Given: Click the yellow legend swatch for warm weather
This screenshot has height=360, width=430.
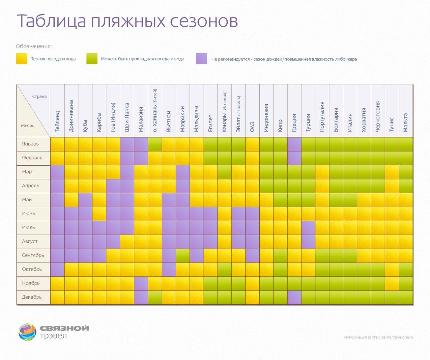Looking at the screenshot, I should [22, 59].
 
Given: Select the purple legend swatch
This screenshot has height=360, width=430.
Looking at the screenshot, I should [202, 59].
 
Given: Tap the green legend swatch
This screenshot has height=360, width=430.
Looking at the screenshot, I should [92, 59].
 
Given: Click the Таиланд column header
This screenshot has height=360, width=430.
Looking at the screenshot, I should [57, 121].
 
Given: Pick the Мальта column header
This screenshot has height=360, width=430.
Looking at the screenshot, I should [406, 123].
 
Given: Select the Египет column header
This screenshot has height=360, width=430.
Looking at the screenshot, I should [211, 123].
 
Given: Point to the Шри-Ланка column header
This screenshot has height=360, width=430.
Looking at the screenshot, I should [127, 117].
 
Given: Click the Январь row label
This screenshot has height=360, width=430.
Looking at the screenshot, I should [30, 144].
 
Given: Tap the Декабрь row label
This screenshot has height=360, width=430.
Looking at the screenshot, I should [32, 297].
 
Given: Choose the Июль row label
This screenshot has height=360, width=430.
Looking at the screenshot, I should [28, 228].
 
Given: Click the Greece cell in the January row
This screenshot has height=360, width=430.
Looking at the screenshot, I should [294, 144].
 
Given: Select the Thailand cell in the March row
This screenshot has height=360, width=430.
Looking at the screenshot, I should [57, 172].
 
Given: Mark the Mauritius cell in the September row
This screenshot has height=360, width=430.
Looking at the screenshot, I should [183, 256].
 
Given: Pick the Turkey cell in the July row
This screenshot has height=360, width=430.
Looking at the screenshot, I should [308, 228].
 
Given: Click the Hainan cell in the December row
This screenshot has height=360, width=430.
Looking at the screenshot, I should [155, 297].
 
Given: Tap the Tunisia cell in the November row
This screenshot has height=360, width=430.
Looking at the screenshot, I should [392, 284].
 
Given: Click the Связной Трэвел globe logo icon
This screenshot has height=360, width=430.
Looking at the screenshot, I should [27, 332].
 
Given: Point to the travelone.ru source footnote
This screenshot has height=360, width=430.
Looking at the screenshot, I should [378, 337].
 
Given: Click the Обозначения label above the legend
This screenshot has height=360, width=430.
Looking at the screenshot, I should [34, 46].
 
